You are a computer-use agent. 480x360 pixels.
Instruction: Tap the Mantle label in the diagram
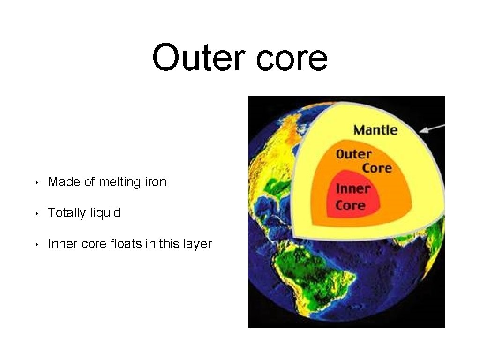[375, 130]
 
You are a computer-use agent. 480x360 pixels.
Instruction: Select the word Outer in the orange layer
[353, 154]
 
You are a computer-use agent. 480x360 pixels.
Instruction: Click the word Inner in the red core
[353, 189]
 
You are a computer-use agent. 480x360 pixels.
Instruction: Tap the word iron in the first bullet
[156, 182]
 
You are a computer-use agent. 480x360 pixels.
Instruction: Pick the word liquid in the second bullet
[105, 213]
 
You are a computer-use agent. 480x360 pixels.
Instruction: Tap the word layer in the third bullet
[197, 244]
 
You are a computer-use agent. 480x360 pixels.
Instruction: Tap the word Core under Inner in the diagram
[350, 205]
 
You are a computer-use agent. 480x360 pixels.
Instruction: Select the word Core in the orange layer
[377, 167]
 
